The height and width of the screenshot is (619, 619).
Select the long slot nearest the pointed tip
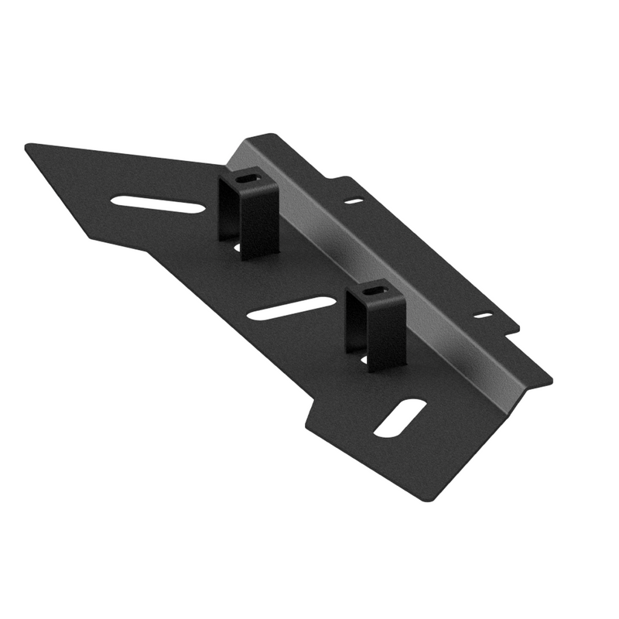(158, 204)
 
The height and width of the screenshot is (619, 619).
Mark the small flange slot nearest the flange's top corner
(354, 201)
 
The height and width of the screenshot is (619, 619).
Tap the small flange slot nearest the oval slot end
(483, 315)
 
